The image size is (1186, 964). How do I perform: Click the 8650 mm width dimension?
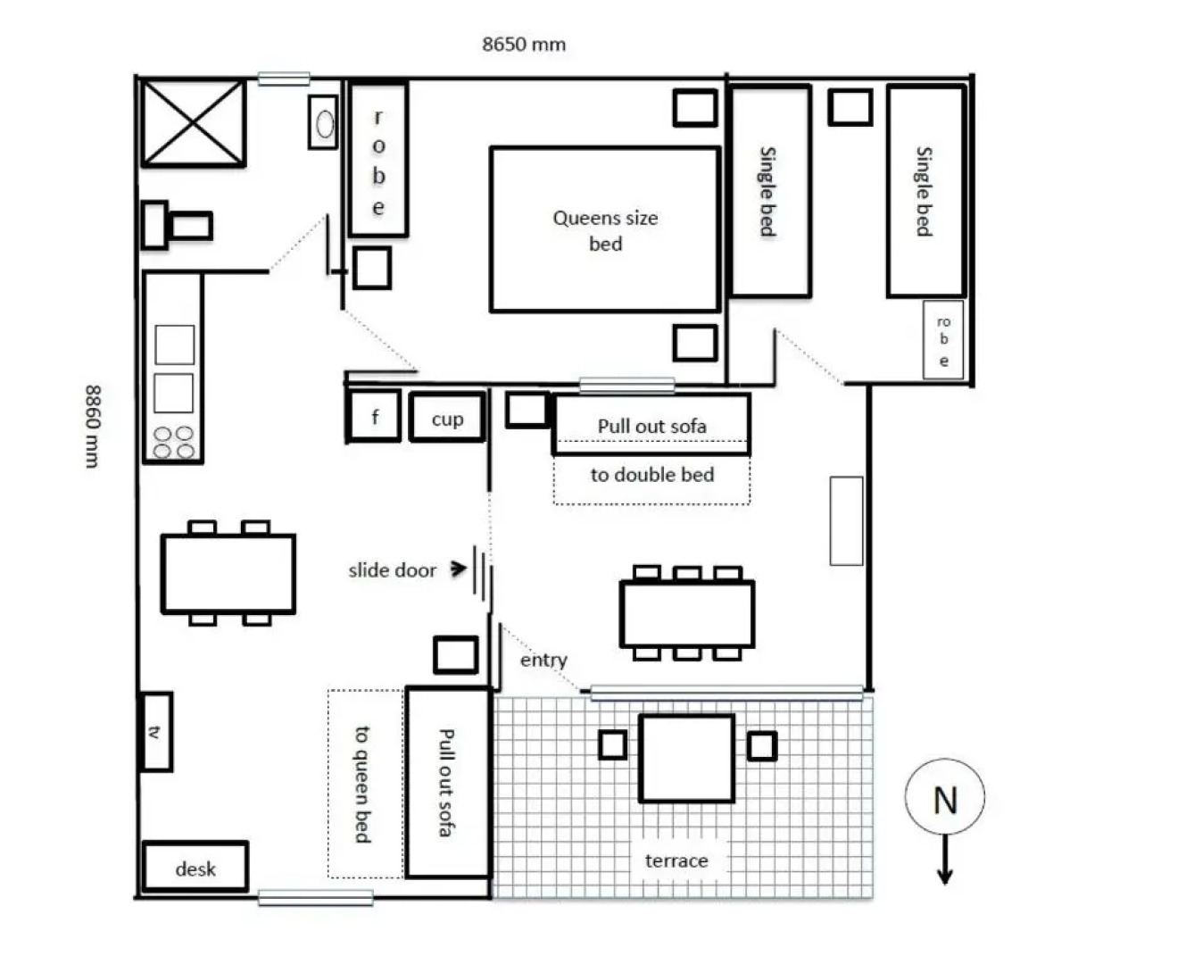(524, 44)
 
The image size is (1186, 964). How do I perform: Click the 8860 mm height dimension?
(93, 426)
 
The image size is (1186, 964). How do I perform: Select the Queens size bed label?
(605, 230)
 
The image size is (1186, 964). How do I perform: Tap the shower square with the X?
(193, 123)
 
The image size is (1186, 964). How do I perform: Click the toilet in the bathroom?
(178, 225)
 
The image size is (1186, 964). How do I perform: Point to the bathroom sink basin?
(324, 123)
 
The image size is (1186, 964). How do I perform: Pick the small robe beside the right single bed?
(943, 340)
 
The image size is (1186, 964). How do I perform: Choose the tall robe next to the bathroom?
(378, 161)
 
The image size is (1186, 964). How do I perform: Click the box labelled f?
(374, 417)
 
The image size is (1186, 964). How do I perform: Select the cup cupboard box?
(447, 419)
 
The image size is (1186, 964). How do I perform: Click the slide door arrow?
(459, 568)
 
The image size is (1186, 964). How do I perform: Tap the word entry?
(543, 660)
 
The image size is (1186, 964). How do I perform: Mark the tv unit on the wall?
(156, 731)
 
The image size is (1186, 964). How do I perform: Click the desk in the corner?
(195, 868)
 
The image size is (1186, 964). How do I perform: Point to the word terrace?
(676, 860)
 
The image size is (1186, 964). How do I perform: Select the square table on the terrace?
(686, 758)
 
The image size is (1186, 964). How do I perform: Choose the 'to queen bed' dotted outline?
(365, 784)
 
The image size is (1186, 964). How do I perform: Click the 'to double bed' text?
(652, 475)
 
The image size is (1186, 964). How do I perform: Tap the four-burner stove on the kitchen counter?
(173, 442)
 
